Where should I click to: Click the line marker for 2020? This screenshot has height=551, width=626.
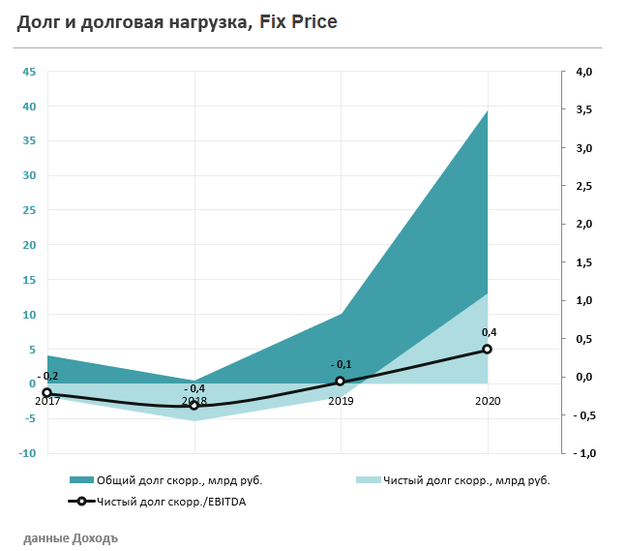[x=488, y=349]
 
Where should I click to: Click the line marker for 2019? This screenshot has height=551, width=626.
[x=341, y=382]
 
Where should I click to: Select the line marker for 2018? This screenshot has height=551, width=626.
[x=194, y=405]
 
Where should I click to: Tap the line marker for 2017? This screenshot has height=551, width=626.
[x=46, y=393]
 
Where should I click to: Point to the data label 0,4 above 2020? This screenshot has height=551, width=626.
[x=489, y=332]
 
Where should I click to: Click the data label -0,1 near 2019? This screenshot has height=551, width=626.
[x=341, y=364]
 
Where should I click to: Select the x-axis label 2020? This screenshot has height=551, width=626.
[x=488, y=400]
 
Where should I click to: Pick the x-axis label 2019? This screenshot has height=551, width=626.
[x=341, y=400]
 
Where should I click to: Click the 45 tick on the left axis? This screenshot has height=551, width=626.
[x=29, y=72]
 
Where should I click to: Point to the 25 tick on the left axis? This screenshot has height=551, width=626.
[x=29, y=210]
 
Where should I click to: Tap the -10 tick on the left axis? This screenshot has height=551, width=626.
[x=27, y=453]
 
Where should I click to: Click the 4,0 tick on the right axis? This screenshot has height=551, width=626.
[x=584, y=72]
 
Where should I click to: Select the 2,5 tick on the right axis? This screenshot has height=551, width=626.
[x=584, y=186]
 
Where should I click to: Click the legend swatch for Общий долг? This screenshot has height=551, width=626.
[x=81, y=480]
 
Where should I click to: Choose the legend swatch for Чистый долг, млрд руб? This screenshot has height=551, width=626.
[x=369, y=480]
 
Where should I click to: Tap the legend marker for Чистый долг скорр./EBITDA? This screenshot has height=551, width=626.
[x=81, y=501]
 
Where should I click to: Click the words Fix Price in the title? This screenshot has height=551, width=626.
[x=298, y=21]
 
